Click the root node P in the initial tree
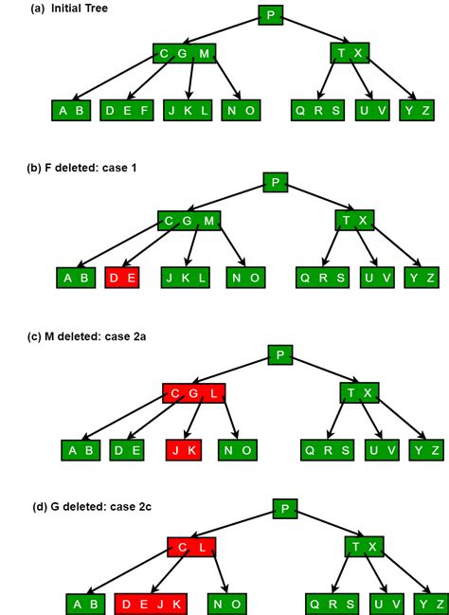point(270,14)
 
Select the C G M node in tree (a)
point(185,53)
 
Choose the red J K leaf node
point(184,450)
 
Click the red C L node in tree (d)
point(192,547)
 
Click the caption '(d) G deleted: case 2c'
point(89,506)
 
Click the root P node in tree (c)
point(279,354)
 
